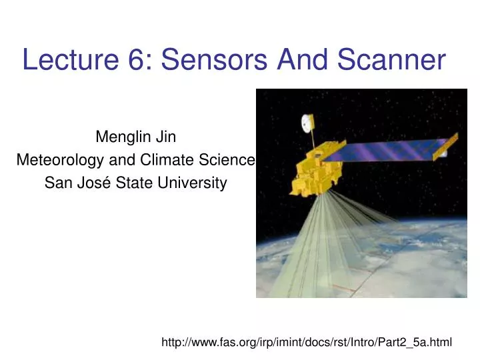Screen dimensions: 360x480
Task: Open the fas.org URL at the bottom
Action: click(307, 342)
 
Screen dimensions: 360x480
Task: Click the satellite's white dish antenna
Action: click(307, 123)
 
